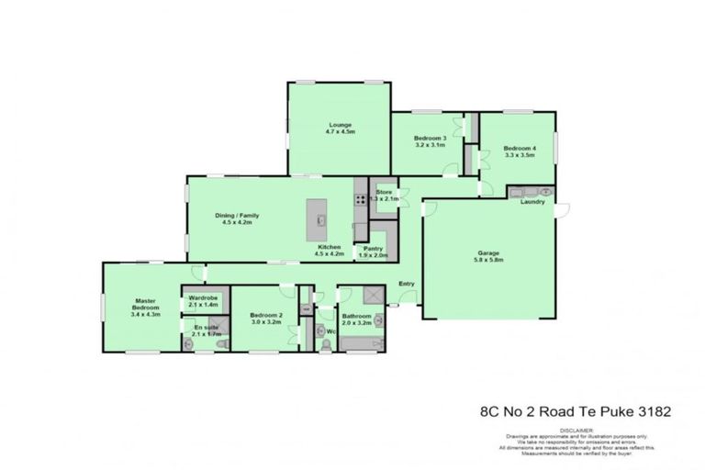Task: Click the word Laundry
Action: point(533,202)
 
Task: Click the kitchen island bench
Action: point(321,218)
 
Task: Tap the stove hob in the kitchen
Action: point(361,198)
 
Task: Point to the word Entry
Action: point(407,284)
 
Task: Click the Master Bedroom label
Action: point(145,306)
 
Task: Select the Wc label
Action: point(331,331)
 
